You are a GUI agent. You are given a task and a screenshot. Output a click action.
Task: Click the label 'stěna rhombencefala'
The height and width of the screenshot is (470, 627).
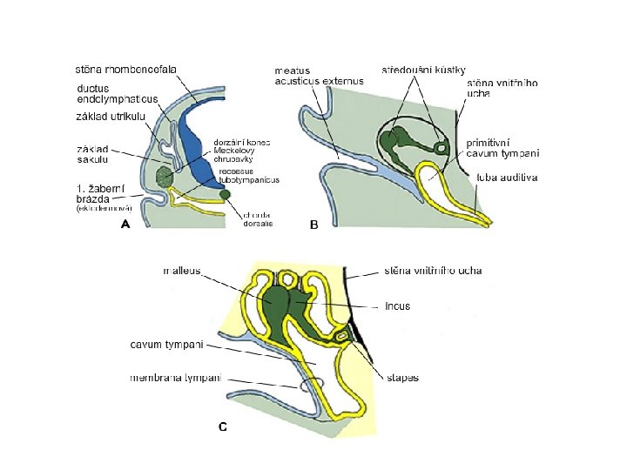pos(125,70)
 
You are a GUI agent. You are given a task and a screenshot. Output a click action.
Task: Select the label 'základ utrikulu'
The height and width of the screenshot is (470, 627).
pos(110,117)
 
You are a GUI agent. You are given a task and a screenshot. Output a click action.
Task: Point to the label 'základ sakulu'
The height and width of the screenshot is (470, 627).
pos(91,154)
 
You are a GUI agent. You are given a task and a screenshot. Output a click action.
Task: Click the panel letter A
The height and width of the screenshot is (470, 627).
pos(126,224)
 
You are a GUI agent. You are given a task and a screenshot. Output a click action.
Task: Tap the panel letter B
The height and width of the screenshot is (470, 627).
pos(314,224)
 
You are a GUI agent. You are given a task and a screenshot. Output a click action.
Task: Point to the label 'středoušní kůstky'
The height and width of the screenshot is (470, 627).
pos(424,69)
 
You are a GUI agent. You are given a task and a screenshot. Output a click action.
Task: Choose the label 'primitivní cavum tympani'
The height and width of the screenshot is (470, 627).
pos(502,146)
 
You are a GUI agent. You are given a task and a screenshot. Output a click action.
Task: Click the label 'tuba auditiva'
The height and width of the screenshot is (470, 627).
pos(507,178)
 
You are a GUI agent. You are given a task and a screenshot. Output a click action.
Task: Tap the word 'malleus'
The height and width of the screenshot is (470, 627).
pos(181,271)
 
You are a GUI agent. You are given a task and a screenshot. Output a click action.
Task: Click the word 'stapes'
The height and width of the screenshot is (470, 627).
pos(401,378)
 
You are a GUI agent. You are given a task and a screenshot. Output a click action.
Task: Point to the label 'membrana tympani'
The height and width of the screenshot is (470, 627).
pos(175,378)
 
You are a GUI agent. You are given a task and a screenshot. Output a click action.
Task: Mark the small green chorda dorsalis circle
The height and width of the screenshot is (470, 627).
pos(226,194)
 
